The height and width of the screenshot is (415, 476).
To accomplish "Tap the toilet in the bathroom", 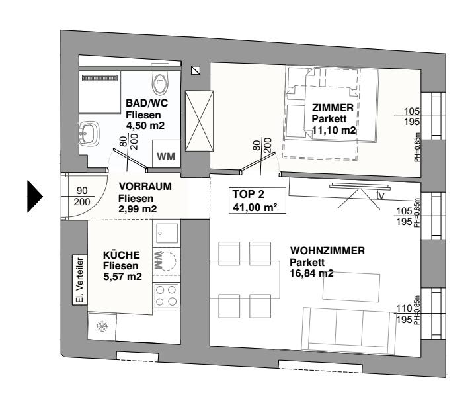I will pos(161,83).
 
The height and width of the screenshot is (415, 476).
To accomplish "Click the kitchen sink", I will pos(165,232).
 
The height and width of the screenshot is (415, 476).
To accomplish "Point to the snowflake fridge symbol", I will pos(102,326).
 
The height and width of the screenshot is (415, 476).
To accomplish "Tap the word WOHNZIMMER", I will pos(328,252).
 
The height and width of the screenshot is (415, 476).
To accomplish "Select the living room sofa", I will pos(346,329).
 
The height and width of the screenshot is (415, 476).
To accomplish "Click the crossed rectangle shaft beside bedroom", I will pos(200,120).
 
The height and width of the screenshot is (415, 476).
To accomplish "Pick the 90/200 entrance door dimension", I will pos(82,196).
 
